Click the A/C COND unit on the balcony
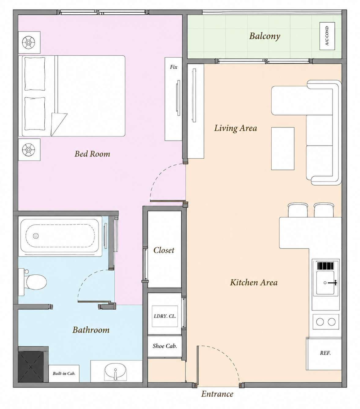pos(327,36)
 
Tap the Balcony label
pos(265,36)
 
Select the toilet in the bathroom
pos(33,282)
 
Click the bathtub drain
pos(36,236)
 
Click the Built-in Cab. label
pos(64,373)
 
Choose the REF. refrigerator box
pos(324,353)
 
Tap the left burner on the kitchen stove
pos(320,322)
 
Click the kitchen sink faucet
pos(332,283)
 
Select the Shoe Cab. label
pos(165,346)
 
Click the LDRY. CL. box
pos(165,316)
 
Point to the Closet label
pos(164,250)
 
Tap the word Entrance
pos(217,394)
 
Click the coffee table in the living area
pos(283,148)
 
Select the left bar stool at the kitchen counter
pos(298,210)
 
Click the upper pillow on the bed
pos(35,74)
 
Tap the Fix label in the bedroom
pos(173,67)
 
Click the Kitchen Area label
pos(254,283)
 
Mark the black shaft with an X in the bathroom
pos(31,367)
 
